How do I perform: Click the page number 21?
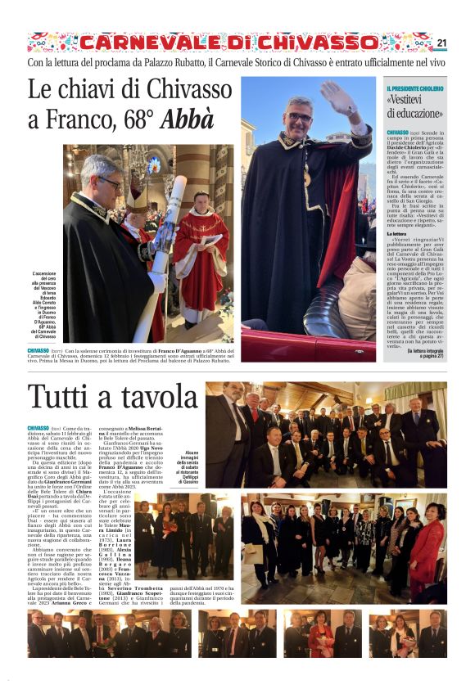point(441,43)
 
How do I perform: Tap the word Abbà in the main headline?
point(189,119)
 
